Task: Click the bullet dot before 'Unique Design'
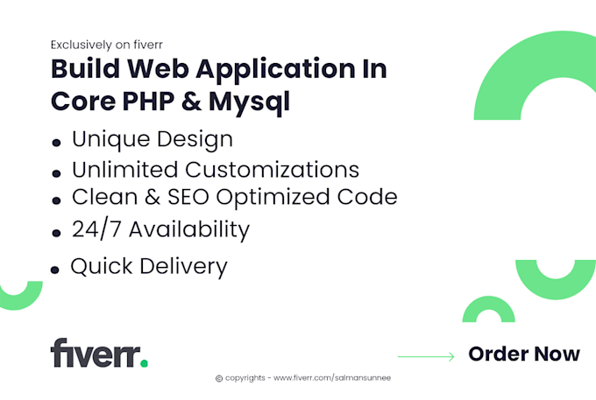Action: [x=56, y=142]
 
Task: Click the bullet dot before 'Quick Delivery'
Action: [x=55, y=270]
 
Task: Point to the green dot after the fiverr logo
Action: [x=145, y=361]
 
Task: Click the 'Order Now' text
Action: [x=524, y=354]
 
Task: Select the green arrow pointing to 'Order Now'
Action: [x=426, y=355]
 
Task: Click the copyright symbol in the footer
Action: [x=219, y=378]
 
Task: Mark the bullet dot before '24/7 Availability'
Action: [x=56, y=234]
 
